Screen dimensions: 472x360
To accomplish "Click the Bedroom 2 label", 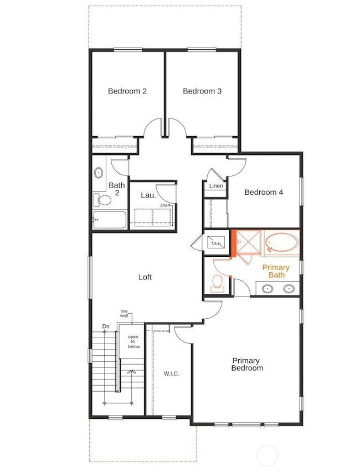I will (x=127, y=91).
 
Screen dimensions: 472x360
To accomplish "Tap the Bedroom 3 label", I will (x=202, y=91).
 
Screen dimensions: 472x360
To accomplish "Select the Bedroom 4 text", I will (x=264, y=193).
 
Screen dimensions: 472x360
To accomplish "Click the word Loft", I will (x=145, y=277).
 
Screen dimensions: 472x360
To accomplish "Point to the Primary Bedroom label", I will (x=247, y=364).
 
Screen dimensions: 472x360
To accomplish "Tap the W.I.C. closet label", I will (x=171, y=374).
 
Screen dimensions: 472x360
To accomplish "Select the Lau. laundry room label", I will (x=147, y=195).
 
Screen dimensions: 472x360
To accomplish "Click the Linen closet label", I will (x=216, y=186).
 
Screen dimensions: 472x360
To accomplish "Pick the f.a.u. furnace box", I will (x=215, y=242).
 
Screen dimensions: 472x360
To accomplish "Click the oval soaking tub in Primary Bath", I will (x=282, y=242).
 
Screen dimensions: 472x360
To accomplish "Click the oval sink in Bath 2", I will (x=99, y=173).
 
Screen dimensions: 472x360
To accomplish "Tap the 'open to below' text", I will (x=134, y=341).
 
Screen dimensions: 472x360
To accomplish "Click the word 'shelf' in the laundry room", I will (x=165, y=205).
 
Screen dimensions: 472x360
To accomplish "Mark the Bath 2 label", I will (x=116, y=189).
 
